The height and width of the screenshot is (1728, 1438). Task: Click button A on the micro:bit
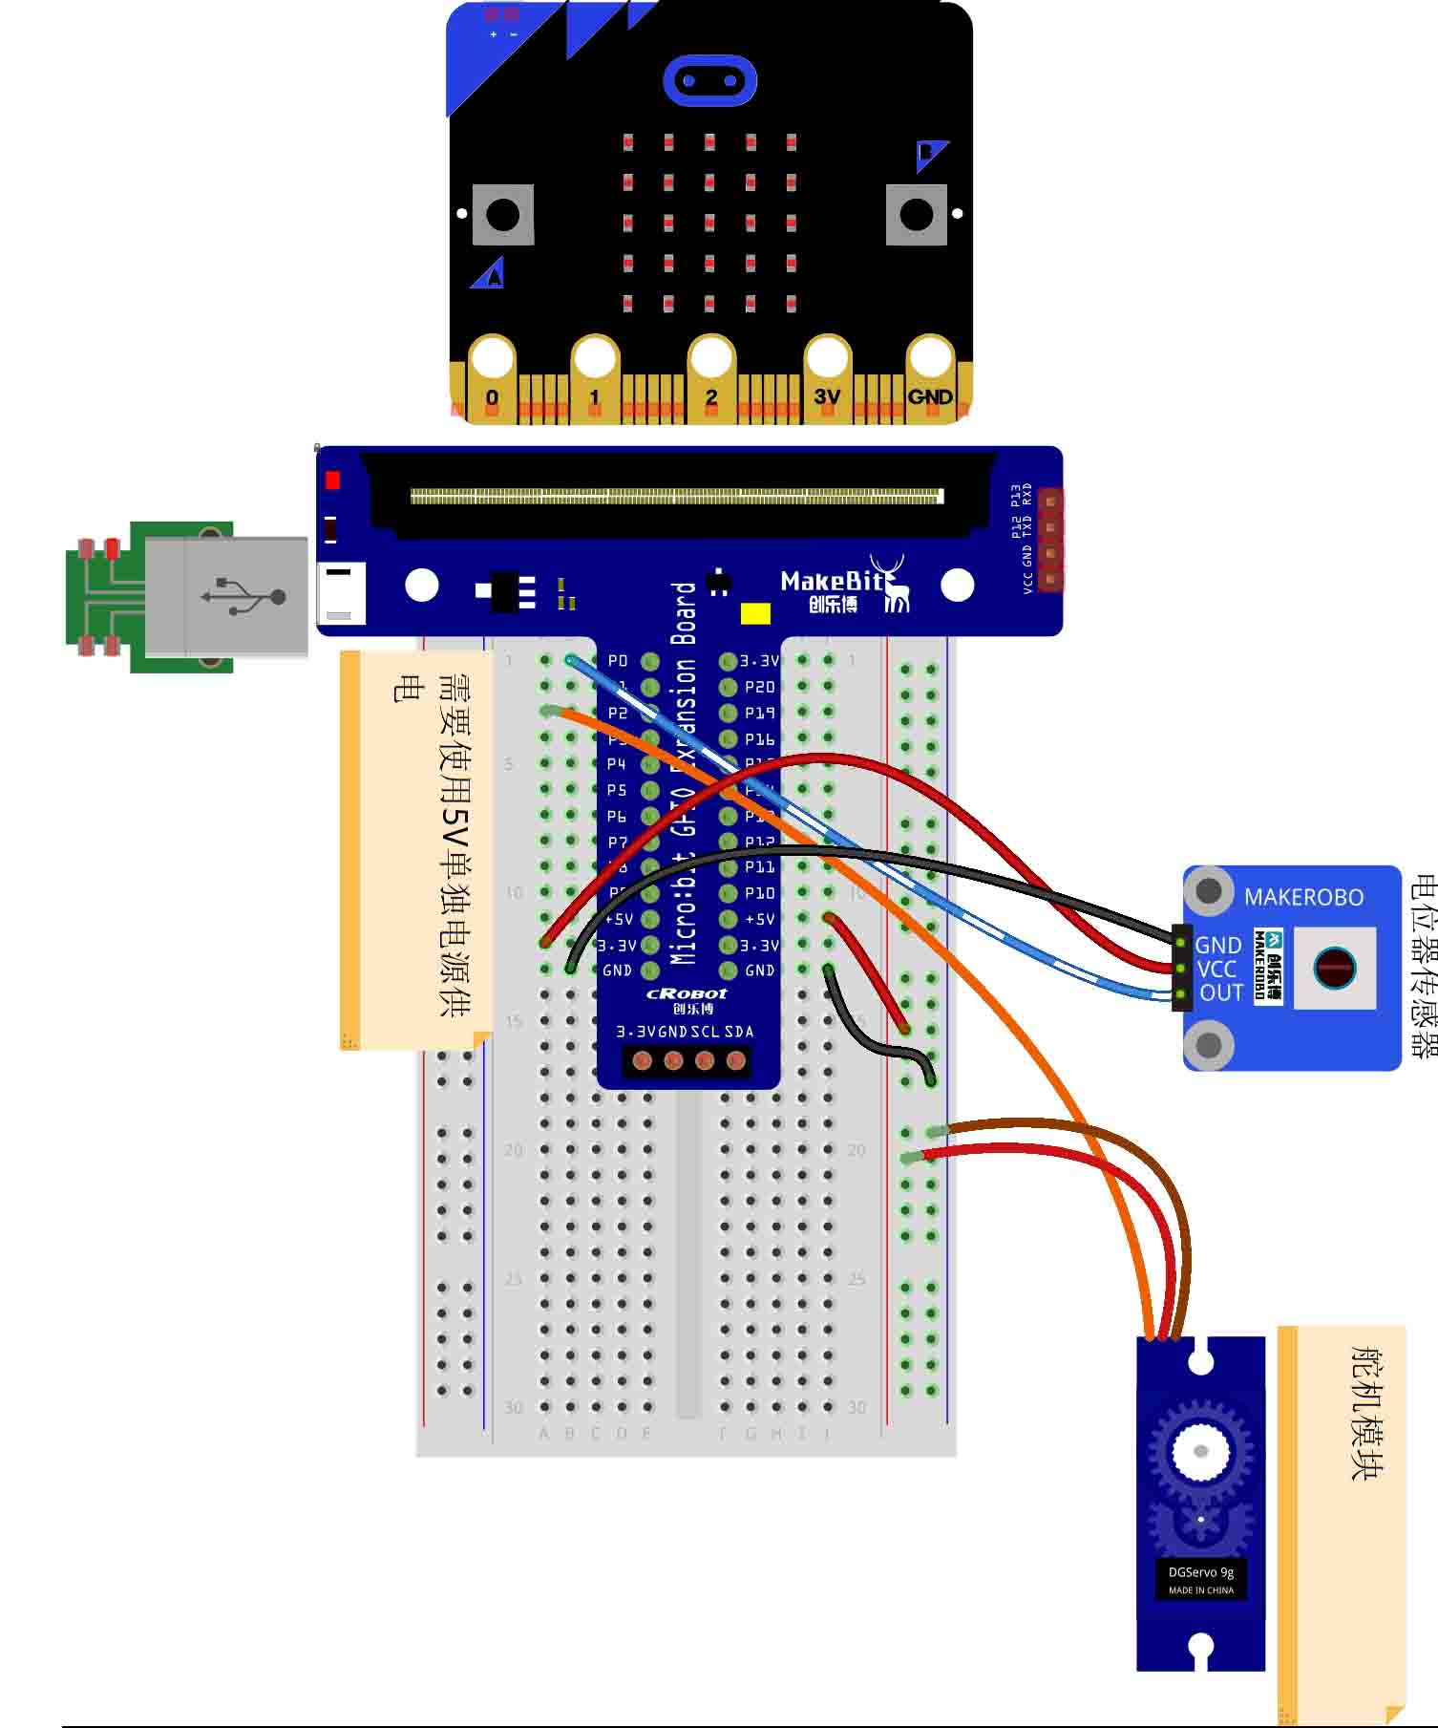point(503,215)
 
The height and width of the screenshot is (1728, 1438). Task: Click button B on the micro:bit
point(917,215)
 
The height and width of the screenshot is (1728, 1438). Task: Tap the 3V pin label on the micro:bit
point(827,396)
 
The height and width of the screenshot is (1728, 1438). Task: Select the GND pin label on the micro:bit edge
point(930,396)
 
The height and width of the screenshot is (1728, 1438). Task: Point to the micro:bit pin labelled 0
point(492,397)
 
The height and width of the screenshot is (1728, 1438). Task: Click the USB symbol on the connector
point(244,596)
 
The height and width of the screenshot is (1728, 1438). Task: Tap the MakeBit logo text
point(832,581)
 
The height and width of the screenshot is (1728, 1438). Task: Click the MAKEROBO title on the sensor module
point(1303,897)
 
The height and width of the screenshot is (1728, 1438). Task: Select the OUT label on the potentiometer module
point(1221,993)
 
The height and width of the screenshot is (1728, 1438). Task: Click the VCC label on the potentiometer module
point(1216,970)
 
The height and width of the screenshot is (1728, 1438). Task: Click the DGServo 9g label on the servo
point(1200,1572)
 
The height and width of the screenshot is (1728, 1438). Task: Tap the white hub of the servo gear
point(1200,1452)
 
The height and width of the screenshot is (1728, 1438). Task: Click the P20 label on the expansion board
point(759,687)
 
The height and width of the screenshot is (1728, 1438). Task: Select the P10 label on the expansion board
point(759,893)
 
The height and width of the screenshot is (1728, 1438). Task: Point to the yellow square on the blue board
point(755,613)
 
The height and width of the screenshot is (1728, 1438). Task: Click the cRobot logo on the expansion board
point(687,993)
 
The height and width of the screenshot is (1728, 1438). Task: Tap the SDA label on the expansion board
point(739,1032)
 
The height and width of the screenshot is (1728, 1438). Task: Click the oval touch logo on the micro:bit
point(709,80)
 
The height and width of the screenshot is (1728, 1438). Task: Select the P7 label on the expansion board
point(618,842)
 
